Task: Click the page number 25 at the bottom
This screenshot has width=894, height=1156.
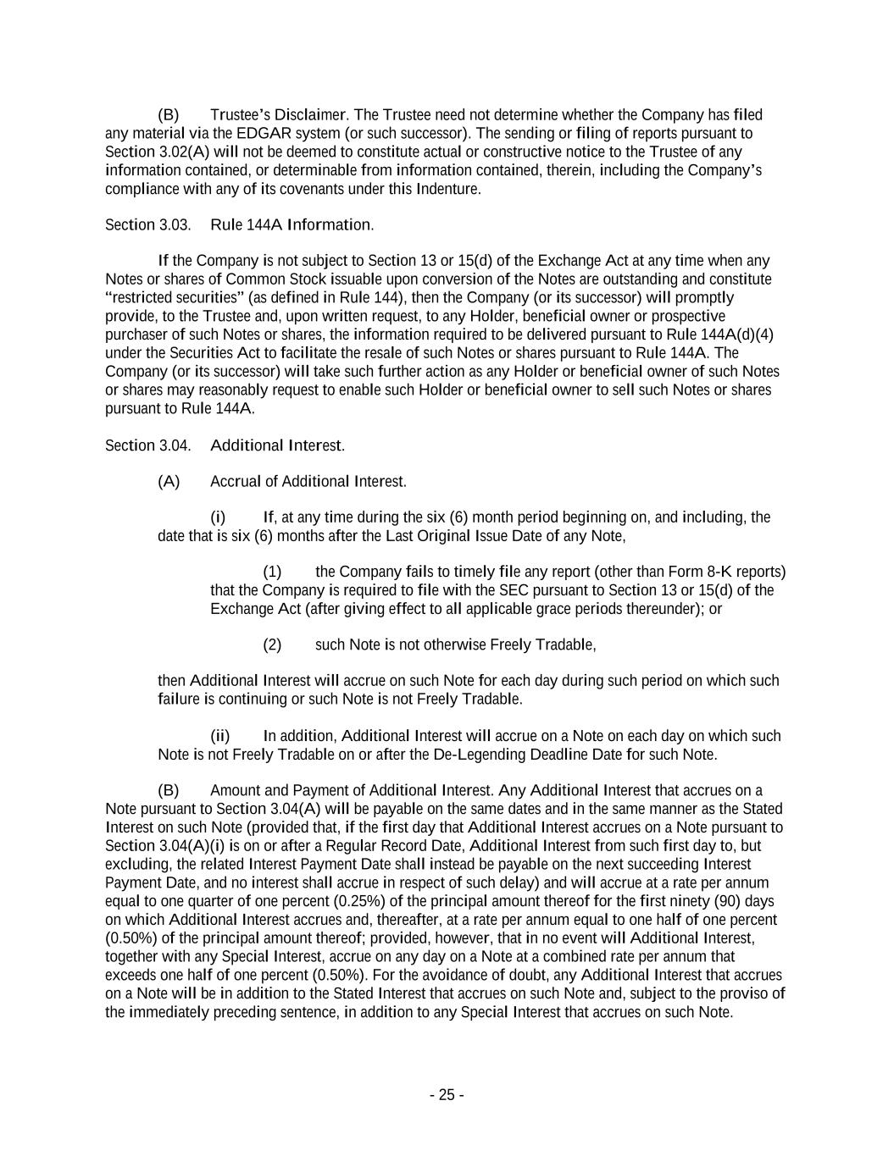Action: (447, 1095)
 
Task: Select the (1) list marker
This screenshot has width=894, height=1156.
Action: (272, 572)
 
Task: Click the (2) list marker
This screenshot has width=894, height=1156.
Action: (272, 645)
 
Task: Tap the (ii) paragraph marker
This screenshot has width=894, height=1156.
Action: (219, 736)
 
